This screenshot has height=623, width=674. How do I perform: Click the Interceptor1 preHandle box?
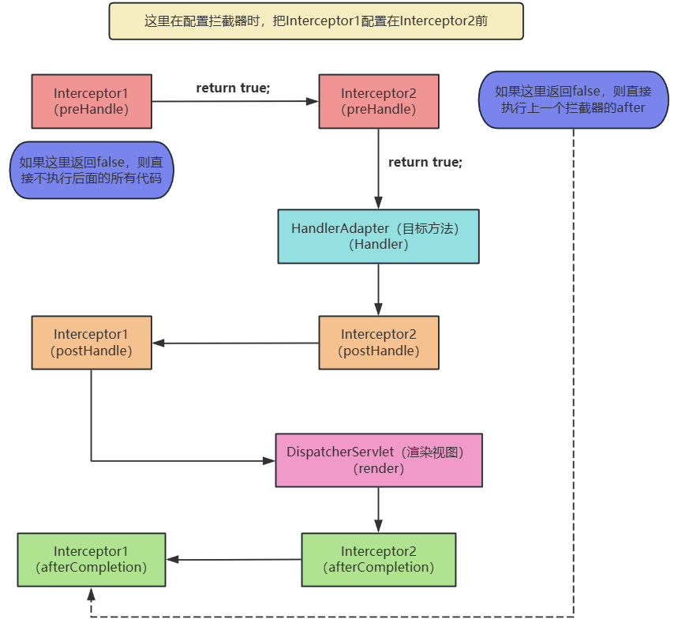coord(92,102)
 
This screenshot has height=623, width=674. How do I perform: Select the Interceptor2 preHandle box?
coord(379,102)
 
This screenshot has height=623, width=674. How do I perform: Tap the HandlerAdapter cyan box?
coord(378,236)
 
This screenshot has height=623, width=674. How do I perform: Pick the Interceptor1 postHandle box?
coord(92,343)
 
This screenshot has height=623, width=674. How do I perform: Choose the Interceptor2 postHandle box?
coord(379,343)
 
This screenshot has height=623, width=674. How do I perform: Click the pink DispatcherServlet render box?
coord(379,460)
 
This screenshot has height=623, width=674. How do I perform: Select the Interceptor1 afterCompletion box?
coord(92,560)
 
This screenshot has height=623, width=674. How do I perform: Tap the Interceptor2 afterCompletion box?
coord(379,560)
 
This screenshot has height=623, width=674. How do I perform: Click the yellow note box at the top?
coord(316,21)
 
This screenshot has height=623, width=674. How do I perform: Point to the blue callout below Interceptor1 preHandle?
coord(92,171)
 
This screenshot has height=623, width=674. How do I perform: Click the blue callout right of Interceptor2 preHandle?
coord(574,99)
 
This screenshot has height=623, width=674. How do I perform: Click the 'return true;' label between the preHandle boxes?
coord(233,88)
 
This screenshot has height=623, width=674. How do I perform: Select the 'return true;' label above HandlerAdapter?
coord(425,162)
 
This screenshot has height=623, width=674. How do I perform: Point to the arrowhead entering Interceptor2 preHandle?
coord(312,102)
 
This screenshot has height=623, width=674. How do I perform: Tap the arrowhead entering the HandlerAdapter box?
coord(378,203)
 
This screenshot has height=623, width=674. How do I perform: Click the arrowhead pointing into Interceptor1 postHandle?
coord(159,343)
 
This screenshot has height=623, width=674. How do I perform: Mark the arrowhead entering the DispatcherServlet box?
coord(268,461)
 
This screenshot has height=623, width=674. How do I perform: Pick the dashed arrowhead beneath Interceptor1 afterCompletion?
coord(91,594)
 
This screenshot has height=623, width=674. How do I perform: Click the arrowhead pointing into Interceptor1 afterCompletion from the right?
coord(172,559)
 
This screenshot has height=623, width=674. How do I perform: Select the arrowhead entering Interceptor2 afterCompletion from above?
coord(378,526)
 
